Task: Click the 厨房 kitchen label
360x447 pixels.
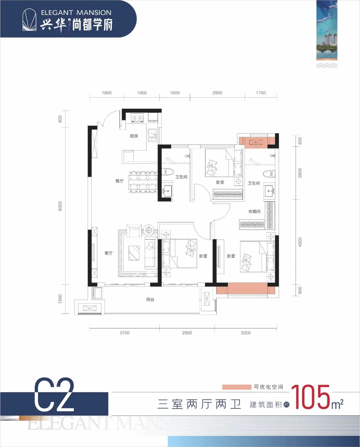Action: (x=134, y=136)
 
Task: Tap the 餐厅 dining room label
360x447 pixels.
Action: (x=120, y=181)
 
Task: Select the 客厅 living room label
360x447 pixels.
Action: (x=108, y=253)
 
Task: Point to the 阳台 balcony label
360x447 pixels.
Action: (x=150, y=299)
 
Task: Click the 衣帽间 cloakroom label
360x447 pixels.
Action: (x=254, y=212)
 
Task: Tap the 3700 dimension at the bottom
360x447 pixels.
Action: (x=125, y=333)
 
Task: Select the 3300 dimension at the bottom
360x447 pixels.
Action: (x=246, y=333)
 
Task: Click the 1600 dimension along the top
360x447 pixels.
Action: (x=175, y=93)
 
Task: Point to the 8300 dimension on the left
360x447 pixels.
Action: (x=60, y=206)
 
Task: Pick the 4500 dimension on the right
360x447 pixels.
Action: (x=300, y=242)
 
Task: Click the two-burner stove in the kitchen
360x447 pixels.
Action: (x=137, y=118)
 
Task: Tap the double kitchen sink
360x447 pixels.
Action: (x=152, y=135)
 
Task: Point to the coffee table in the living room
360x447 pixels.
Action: (x=134, y=253)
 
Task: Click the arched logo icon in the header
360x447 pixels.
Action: (x=30, y=20)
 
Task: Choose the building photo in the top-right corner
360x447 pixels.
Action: (x=327, y=30)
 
